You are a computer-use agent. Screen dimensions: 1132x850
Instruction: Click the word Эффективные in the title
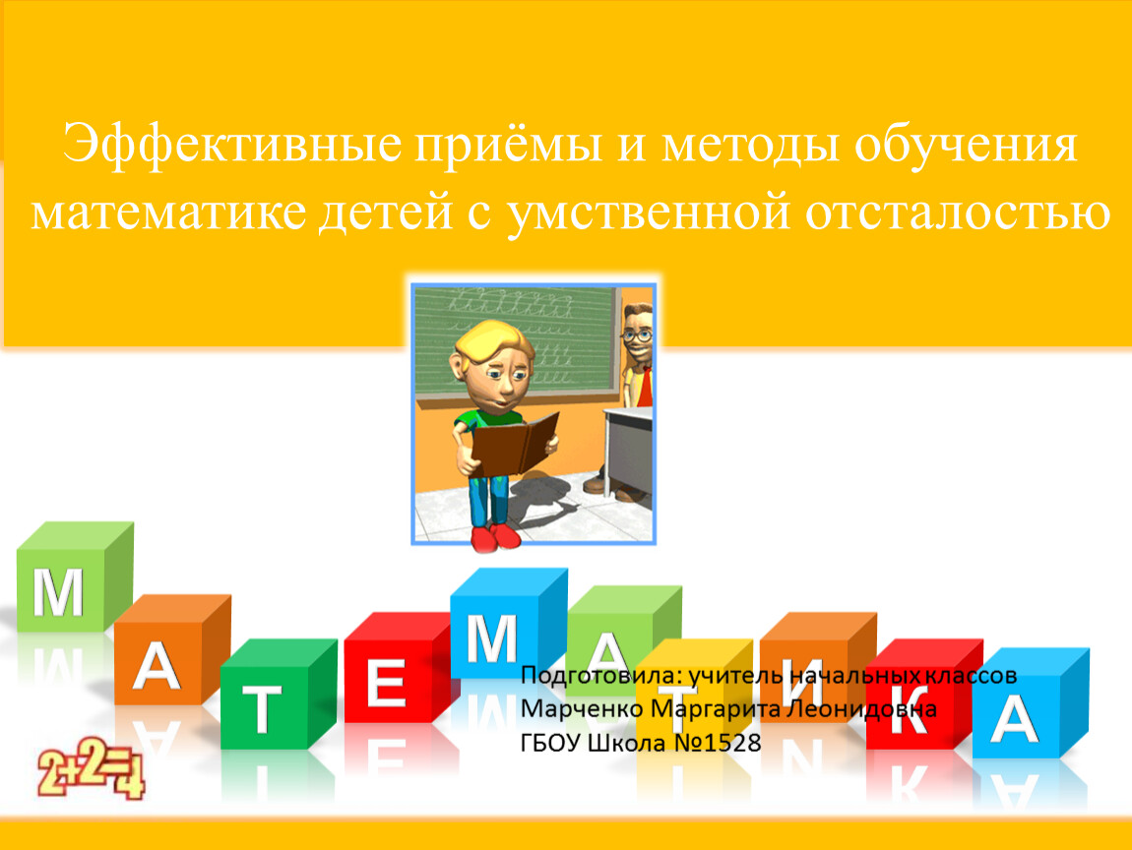[231, 144]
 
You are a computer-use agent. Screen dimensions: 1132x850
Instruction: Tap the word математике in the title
[168, 212]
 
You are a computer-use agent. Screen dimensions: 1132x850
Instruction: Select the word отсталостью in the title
[958, 212]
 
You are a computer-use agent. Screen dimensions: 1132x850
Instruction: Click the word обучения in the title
[966, 145]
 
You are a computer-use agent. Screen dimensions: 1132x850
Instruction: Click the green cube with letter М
[75, 577]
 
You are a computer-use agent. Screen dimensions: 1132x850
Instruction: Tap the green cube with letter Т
[278, 694]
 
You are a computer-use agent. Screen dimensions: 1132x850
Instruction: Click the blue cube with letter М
[508, 624]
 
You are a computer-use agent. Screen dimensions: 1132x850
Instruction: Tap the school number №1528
[717, 743]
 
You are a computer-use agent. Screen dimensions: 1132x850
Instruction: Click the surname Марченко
[582, 708]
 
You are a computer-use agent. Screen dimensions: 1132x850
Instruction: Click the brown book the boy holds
[513, 443]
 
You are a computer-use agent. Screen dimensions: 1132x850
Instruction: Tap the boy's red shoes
[495, 535]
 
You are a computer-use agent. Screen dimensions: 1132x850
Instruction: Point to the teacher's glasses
[636, 335]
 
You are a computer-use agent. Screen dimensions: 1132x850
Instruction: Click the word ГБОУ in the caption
[550, 743]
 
